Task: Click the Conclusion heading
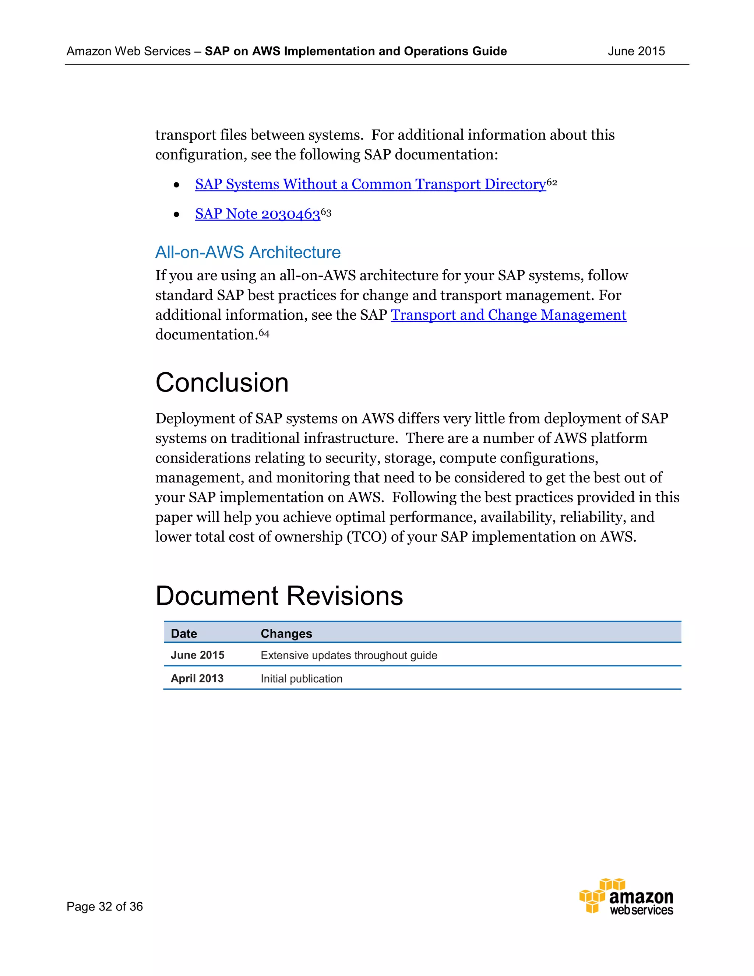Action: [x=222, y=383]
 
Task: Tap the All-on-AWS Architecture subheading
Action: [x=247, y=253]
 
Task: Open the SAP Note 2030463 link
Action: [x=257, y=214]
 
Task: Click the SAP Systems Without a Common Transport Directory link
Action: [x=370, y=184]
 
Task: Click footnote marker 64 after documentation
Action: [x=264, y=333]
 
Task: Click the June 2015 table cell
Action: [x=197, y=655]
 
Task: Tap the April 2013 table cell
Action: [x=197, y=678]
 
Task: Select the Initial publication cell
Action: [x=301, y=679]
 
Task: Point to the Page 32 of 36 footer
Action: [x=105, y=906]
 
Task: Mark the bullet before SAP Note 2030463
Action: [x=176, y=214]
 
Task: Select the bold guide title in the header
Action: [x=355, y=52]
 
